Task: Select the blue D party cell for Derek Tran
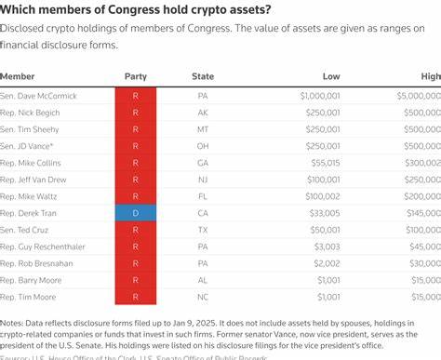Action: pyautogui.click(x=136, y=212)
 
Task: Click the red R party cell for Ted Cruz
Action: pyautogui.click(x=136, y=229)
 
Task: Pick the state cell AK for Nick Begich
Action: pyautogui.click(x=203, y=112)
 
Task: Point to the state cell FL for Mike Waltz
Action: pyautogui.click(x=203, y=195)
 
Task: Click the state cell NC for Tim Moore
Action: pyautogui.click(x=203, y=296)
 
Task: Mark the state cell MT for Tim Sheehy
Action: pyautogui.click(x=203, y=128)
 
